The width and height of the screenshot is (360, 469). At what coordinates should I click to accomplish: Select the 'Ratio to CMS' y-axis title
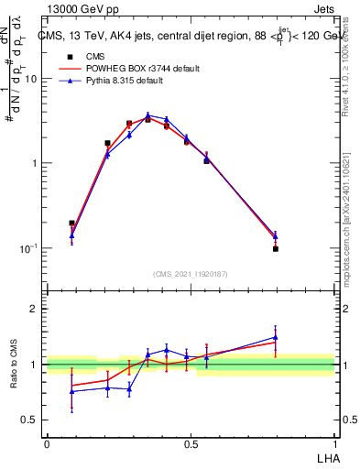14,365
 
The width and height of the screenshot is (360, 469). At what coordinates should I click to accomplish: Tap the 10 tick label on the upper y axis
30,79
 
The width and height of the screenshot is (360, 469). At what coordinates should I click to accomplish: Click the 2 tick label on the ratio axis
34,309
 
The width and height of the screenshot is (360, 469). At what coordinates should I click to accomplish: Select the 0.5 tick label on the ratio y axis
30,420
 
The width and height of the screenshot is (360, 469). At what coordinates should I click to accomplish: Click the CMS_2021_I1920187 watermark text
191,274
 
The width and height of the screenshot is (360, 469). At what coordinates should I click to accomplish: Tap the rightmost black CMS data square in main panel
275,248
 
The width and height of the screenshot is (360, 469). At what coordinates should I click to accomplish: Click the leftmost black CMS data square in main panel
71,223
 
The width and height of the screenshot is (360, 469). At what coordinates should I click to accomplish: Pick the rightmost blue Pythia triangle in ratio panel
275,337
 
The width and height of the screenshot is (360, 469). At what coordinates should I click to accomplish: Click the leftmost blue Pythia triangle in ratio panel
71,391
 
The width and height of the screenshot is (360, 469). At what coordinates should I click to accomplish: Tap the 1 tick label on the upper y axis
34,163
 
